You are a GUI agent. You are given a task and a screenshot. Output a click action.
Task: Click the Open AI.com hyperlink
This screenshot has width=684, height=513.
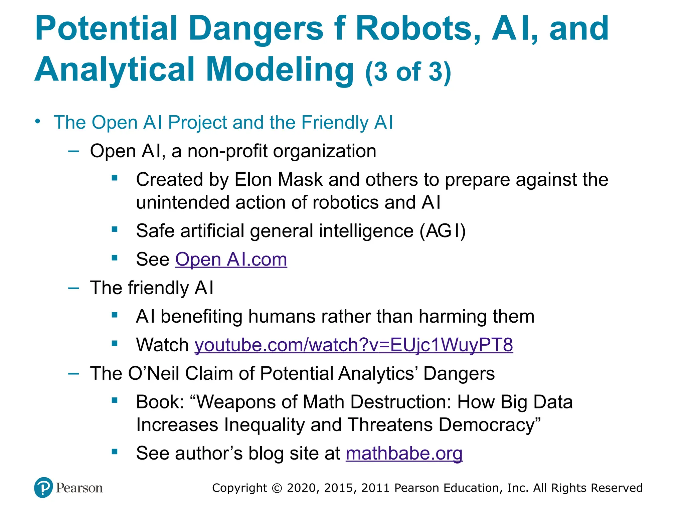[x=231, y=260]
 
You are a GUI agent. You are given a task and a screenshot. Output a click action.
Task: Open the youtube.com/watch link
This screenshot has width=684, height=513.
[x=354, y=345]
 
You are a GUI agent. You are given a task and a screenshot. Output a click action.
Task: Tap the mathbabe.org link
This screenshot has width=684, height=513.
[x=404, y=454]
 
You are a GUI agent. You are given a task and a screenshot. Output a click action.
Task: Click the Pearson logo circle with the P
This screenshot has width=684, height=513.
[x=43, y=488]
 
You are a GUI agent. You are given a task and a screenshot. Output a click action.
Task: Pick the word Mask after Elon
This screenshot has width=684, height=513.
[x=300, y=180]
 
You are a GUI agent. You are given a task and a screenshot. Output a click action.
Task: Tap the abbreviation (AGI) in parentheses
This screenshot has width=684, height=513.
[x=443, y=231]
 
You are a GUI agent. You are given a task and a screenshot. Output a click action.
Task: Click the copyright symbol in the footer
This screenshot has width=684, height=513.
[x=277, y=488]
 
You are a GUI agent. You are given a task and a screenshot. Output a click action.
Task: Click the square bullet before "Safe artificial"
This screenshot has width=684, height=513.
[x=115, y=229]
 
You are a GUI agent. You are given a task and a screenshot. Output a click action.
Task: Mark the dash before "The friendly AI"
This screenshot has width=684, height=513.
[x=73, y=288]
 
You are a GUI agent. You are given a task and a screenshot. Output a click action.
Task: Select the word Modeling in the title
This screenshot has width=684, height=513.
[x=280, y=69]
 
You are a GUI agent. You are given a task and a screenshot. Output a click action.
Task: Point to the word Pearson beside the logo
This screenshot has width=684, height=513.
[x=79, y=488]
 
